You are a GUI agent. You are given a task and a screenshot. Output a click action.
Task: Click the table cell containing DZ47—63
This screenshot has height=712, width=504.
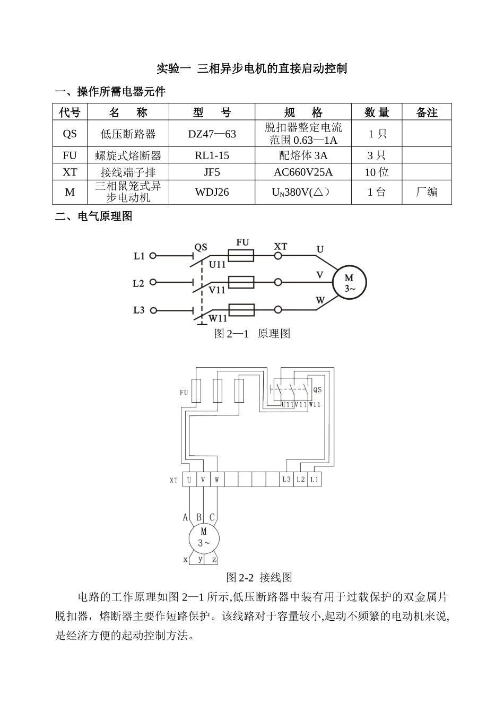point(212,134)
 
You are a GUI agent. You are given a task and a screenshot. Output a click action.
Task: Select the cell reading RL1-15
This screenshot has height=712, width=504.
point(212,155)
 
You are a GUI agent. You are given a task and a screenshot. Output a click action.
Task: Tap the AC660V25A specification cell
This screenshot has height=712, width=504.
point(303,172)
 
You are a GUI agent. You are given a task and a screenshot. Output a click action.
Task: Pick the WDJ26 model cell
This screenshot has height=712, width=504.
point(212,192)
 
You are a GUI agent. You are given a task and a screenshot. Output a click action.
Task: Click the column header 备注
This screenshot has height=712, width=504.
point(427,112)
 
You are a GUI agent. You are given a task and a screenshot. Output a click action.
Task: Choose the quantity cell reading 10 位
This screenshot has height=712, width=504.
point(377,172)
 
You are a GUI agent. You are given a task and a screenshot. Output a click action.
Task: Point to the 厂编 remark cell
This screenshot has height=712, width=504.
point(427,192)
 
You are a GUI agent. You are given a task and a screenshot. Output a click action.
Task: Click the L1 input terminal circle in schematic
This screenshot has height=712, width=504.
point(153,256)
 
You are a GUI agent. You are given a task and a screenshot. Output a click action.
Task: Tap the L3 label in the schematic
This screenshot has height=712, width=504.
point(138,310)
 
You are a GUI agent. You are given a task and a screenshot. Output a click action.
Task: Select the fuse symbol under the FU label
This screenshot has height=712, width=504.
point(241,256)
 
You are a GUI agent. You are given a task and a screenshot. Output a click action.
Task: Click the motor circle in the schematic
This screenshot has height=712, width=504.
point(349,283)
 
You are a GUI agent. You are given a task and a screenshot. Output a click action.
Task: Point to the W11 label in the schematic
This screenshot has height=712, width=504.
point(218,318)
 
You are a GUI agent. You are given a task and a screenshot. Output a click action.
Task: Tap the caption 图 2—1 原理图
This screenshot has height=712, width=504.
point(252,334)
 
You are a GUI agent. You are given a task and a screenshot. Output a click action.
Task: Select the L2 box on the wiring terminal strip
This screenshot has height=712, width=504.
point(300,480)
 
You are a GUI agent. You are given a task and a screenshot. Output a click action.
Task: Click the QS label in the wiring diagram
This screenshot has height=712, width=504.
point(317,390)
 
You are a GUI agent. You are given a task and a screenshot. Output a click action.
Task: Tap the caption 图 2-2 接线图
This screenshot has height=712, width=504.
point(259,577)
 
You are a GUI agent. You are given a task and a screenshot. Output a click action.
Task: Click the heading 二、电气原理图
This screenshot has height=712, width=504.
point(94,216)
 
